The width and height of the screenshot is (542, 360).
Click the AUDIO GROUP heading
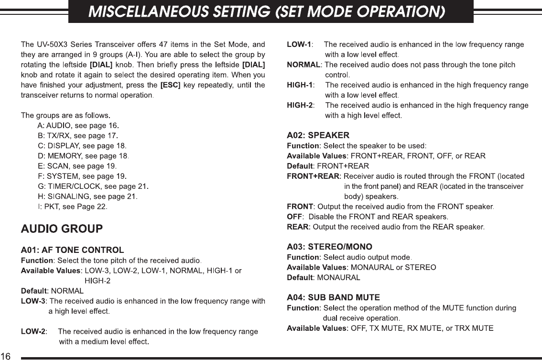click(62, 229)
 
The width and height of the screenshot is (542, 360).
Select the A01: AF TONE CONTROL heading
click(73, 250)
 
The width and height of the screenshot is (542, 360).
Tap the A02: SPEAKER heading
click(318, 135)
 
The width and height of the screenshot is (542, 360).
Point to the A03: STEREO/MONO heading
click(329, 247)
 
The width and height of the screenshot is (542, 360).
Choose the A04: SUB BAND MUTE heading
click(333, 297)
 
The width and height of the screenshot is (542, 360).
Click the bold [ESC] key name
click(170, 85)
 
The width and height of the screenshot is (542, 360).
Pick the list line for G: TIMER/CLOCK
click(94, 186)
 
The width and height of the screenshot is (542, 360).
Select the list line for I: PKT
click(73, 207)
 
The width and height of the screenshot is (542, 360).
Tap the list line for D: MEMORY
click(83, 156)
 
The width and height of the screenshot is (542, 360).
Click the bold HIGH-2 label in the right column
click(300, 105)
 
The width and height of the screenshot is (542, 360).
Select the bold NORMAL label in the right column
click(304, 65)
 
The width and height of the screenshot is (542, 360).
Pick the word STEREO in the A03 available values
click(420, 267)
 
